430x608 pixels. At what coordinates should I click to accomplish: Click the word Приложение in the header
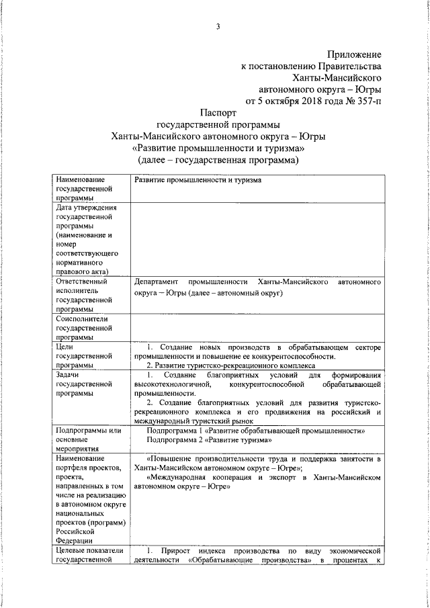354,53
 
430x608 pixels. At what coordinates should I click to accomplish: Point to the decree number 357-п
366,101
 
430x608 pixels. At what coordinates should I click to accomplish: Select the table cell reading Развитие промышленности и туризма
195,181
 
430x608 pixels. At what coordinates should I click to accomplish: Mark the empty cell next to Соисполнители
259,328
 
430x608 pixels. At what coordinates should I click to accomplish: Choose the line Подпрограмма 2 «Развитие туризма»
209,440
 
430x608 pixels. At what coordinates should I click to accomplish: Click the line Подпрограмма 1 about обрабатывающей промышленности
255,430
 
